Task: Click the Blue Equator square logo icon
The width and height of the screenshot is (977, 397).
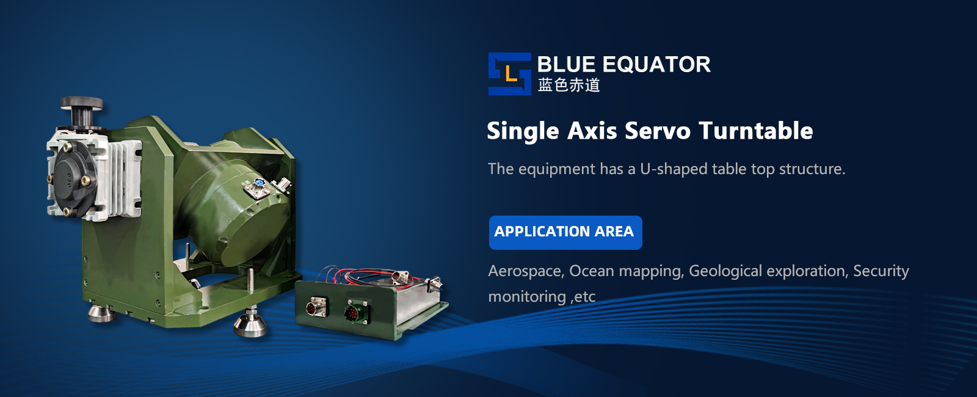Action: point(509,74)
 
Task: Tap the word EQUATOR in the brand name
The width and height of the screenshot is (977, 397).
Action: point(656,64)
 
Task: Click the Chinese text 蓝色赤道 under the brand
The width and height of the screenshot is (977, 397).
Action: point(568,85)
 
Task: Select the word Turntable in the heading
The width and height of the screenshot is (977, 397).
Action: point(755,131)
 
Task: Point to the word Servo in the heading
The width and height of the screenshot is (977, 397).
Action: point(658,131)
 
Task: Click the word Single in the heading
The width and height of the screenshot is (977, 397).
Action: point(523,131)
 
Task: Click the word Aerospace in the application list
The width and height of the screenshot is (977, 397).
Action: point(526,271)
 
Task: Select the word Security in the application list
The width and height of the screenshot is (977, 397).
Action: point(881,271)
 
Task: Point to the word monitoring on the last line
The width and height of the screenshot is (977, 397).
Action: point(527,297)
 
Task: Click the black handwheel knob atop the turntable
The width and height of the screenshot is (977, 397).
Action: point(81,103)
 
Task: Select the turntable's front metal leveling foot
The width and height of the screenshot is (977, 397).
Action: point(250,324)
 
